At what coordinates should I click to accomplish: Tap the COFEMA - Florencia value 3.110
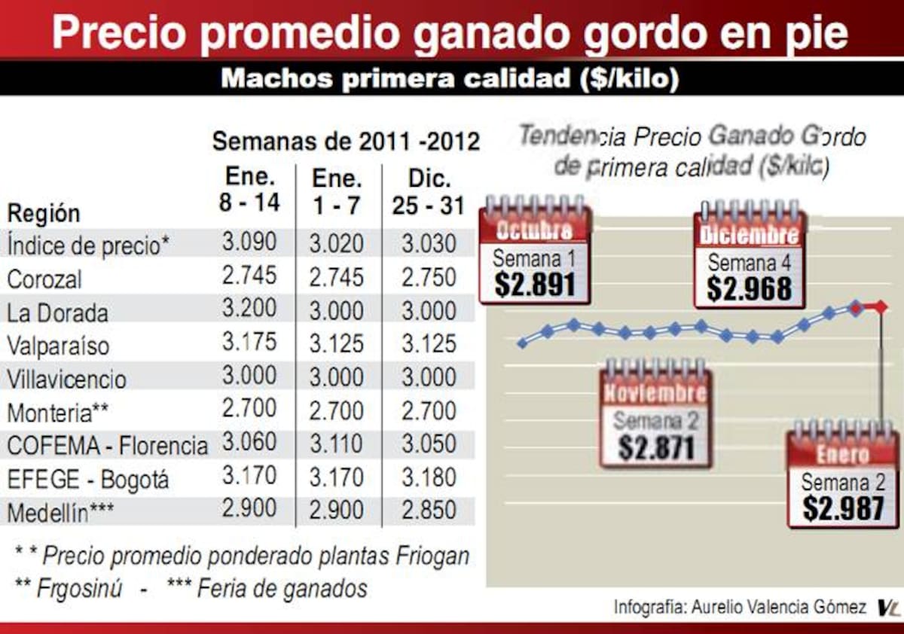point(336,443)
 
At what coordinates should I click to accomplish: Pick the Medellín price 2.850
point(429,510)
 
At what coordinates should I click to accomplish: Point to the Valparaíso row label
point(58,346)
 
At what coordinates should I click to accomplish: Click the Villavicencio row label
point(67,379)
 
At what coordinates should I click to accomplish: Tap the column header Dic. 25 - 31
point(429,192)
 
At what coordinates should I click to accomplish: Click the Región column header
point(43,213)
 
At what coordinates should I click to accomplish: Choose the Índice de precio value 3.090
point(249,242)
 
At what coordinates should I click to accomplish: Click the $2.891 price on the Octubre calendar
point(535,285)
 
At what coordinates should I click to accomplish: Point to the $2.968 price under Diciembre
point(750,288)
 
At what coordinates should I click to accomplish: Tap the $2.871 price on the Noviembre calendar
point(656,448)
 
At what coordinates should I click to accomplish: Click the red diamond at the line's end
point(881,306)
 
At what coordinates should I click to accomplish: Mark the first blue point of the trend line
point(522,343)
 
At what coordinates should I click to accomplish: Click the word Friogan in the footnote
point(432,556)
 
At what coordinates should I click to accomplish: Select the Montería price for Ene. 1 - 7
point(336,410)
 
